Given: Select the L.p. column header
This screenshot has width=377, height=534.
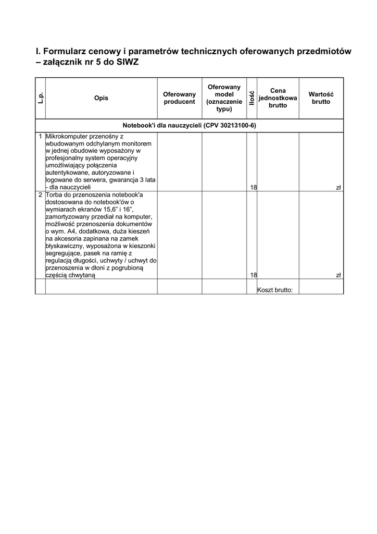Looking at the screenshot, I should tap(40, 98).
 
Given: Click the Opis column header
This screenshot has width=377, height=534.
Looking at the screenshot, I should tap(101, 98).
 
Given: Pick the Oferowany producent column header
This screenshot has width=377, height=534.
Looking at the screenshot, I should tap(179, 98).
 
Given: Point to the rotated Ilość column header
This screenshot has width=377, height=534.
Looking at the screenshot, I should tap(252, 98).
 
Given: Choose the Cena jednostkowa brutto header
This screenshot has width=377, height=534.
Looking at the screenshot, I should tap(278, 98).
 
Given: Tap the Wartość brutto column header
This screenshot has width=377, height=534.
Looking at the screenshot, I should tap(321, 98).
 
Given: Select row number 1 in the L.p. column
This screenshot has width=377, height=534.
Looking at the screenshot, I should tap(40, 136).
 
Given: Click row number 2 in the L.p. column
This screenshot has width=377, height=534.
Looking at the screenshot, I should tap(40, 195).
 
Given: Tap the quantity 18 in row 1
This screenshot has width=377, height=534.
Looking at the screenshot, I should tap(253, 187).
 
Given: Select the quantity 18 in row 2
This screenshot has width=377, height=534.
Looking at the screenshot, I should tap(253, 275).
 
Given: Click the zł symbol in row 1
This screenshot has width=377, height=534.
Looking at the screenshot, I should tap(338, 187).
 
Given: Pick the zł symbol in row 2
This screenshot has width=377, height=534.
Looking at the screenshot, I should tap(338, 275).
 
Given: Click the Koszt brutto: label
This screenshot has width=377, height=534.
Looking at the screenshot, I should tap(275, 290).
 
